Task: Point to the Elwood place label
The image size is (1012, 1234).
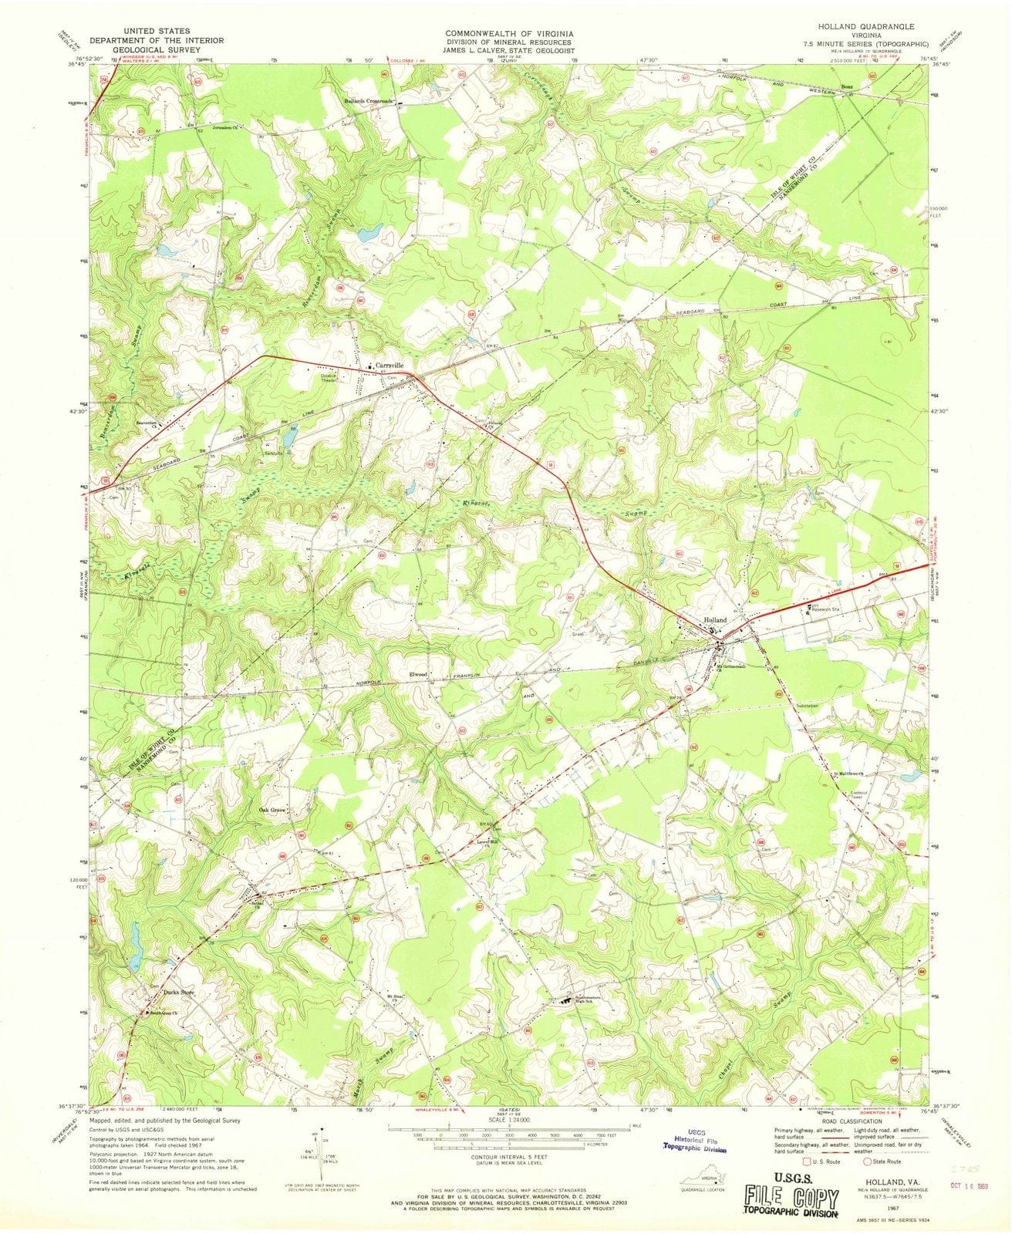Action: (x=419, y=675)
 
